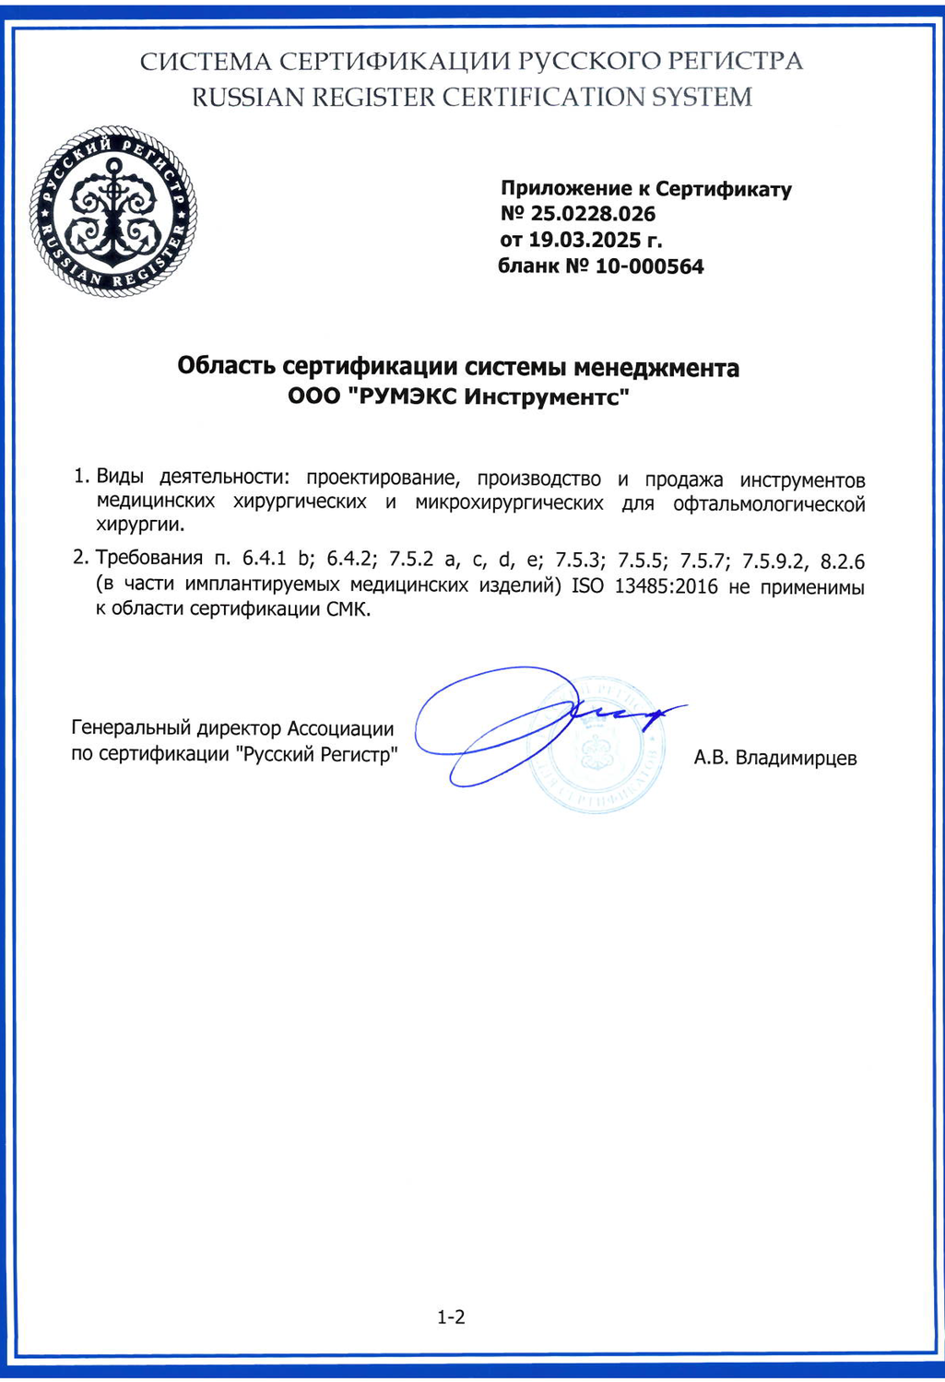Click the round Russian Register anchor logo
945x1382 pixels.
tap(112, 212)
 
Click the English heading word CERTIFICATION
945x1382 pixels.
tap(538, 97)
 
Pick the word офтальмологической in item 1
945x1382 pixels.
tap(769, 503)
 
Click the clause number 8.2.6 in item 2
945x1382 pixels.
tap(842, 560)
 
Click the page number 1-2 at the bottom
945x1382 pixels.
tap(451, 1317)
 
